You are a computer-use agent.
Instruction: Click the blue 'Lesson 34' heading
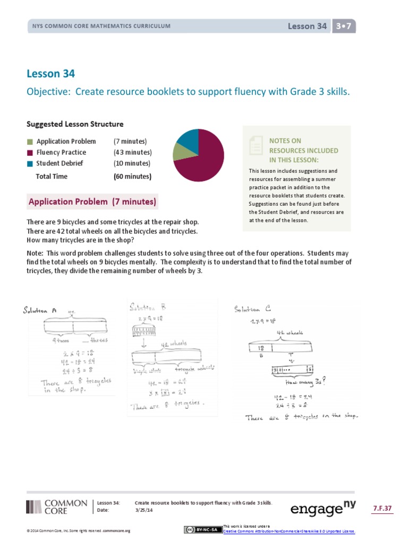(x=54, y=74)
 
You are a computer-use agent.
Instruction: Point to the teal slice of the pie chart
(x=188, y=137)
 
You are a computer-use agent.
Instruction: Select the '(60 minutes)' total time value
(x=132, y=177)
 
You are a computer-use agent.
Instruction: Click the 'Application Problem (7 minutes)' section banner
(x=92, y=202)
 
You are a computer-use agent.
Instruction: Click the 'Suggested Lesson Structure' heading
(x=75, y=124)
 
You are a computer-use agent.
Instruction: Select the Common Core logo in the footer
(x=56, y=506)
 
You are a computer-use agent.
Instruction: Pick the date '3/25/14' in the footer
(x=144, y=510)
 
